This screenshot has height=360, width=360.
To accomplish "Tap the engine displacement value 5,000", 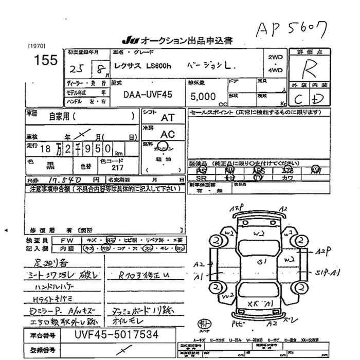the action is pyautogui.click(x=204, y=96).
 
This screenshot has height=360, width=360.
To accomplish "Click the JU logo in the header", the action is pyautogui.click(x=128, y=41).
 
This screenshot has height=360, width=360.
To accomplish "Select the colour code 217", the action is pyautogui.click(x=118, y=168).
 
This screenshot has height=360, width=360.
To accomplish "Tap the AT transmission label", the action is pyautogui.click(x=168, y=118).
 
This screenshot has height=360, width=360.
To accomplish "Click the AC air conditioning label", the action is pyautogui.click(x=167, y=134).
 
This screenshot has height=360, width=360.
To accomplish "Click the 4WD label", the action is pyautogui.click(x=275, y=70).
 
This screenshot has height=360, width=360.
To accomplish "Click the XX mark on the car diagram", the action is pyautogui.click(x=254, y=303).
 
